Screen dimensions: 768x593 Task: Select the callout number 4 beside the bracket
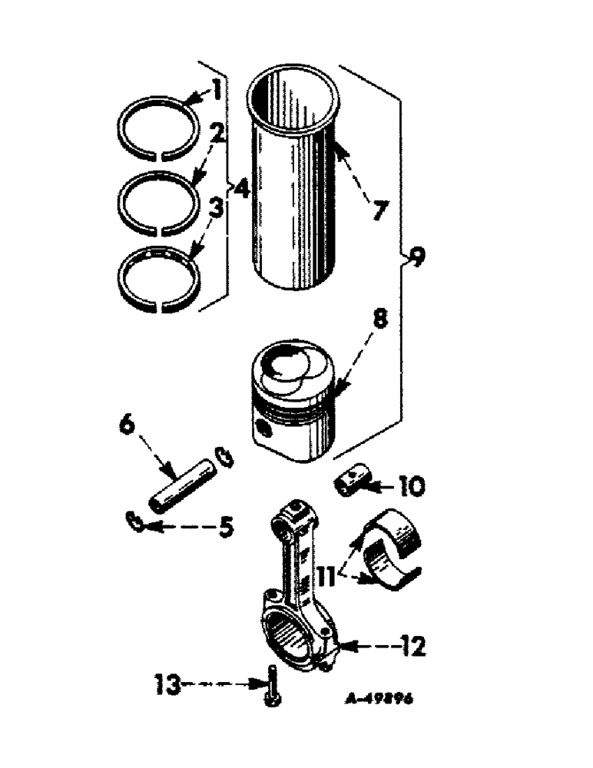pos(242,187)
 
